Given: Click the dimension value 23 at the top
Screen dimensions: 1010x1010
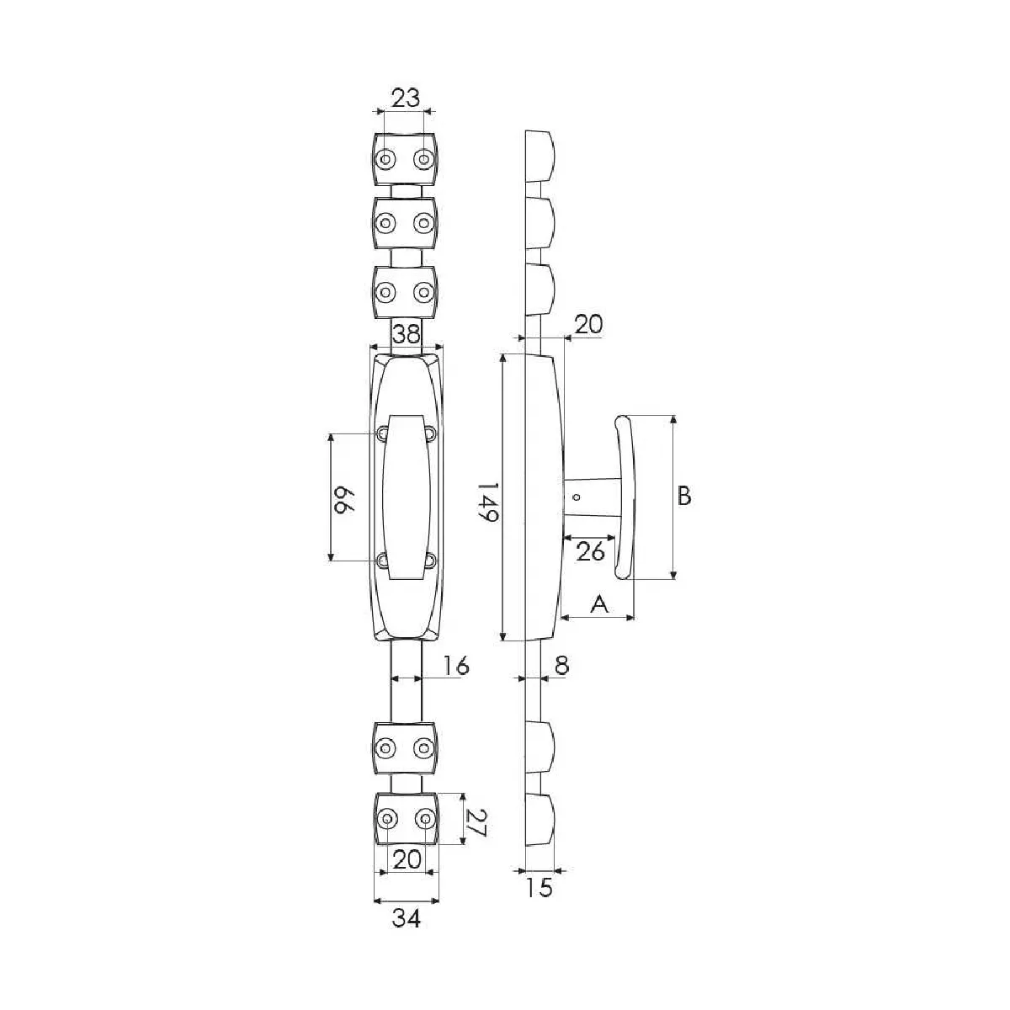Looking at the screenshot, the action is pos(407,98).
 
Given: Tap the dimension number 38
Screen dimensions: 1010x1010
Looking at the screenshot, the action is pos(407,333).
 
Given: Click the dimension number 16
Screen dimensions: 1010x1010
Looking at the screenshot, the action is pos(455,666).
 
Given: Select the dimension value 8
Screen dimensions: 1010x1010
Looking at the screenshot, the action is pos(561,666).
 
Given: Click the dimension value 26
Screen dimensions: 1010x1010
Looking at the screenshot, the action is pos(590,552).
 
